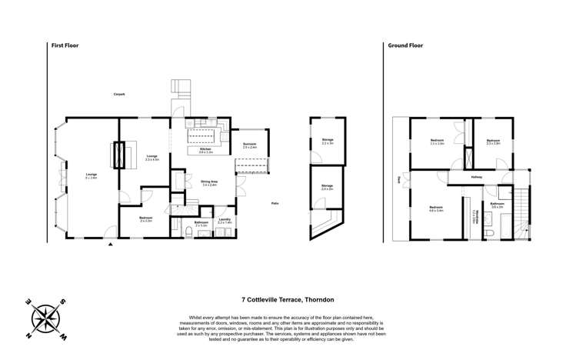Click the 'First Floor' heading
(65, 45)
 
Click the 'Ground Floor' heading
(406, 45)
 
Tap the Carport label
(119, 94)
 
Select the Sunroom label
(250, 145)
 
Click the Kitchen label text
(206, 151)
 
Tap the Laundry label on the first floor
(225, 221)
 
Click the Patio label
(275, 203)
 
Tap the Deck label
(398, 180)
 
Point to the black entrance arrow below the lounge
(111, 244)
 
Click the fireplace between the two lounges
(118, 155)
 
